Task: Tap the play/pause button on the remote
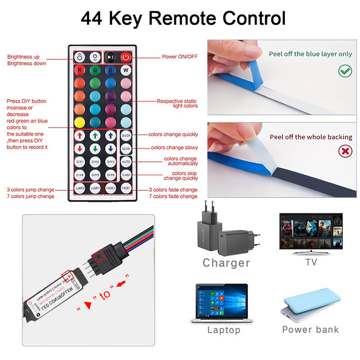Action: tap(111, 57)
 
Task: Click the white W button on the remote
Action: tap(126, 70)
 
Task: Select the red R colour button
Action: tap(79, 70)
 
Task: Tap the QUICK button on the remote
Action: tap(126, 135)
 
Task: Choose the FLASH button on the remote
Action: tap(126, 175)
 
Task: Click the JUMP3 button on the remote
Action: tap(80, 189)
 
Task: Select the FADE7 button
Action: tap(126, 189)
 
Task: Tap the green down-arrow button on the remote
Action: tap(95, 148)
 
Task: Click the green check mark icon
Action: tap(345, 71)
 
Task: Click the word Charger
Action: tap(226, 263)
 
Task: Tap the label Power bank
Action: tap(311, 329)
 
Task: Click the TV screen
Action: tap(311, 230)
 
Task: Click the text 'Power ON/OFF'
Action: tap(179, 57)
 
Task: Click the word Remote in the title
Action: tap(183, 19)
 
